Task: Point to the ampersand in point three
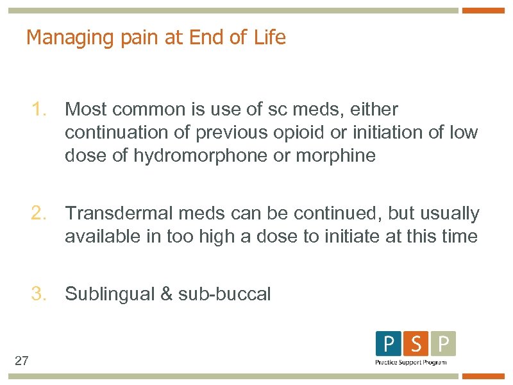coord(166,295)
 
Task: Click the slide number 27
coord(21,361)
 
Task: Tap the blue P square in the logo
coord(389,344)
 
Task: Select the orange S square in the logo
coord(416,344)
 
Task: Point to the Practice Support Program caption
coord(410,363)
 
